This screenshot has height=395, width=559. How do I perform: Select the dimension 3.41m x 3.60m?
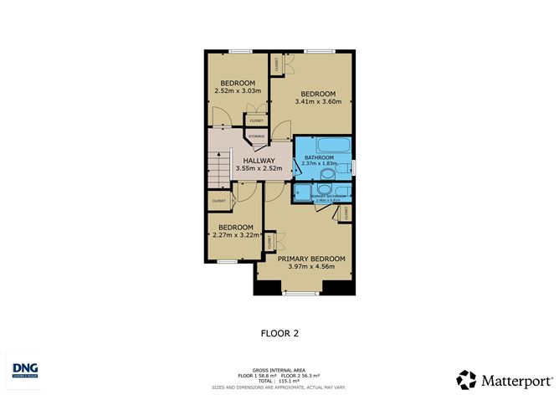coord(318,102)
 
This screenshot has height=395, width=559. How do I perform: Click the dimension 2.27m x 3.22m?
coord(235,236)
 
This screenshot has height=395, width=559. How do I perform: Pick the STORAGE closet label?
coord(256,136)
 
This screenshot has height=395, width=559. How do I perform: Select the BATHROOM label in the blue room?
coord(320,156)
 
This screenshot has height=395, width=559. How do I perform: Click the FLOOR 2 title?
coord(279,332)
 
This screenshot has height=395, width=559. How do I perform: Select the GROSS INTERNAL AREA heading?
coord(279,369)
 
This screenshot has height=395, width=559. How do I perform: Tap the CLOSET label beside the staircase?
coord(219,201)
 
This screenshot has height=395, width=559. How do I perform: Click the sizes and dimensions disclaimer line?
coord(279,387)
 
